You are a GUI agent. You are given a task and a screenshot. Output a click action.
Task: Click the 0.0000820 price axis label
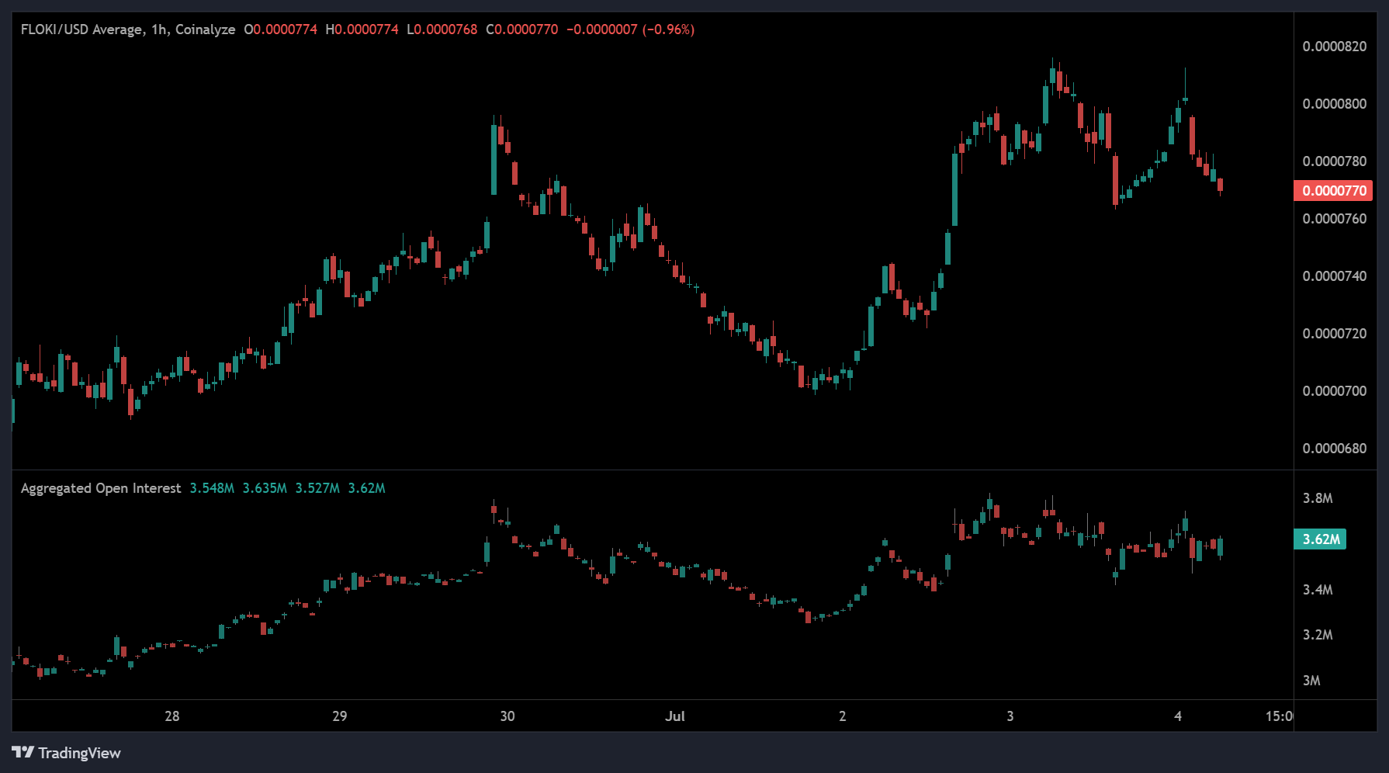[x=1335, y=47]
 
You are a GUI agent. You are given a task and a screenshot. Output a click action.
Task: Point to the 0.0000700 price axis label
[x=1335, y=391]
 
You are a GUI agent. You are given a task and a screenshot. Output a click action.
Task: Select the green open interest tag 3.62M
[x=1321, y=539]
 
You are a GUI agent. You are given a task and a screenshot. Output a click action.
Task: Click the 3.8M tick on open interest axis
[x=1318, y=498]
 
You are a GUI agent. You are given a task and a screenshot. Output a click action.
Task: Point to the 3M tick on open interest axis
[x=1311, y=681]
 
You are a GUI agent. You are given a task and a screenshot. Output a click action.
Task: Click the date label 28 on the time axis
[x=172, y=716]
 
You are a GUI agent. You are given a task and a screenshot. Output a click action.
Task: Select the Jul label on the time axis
[x=675, y=716]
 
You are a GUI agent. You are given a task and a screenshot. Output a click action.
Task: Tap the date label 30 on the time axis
[x=507, y=716]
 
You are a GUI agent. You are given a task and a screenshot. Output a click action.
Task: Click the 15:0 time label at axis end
[x=1279, y=716]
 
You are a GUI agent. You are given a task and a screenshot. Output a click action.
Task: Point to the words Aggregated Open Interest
[x=101, y=488]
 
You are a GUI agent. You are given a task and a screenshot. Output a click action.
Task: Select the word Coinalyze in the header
[x=205, y=29]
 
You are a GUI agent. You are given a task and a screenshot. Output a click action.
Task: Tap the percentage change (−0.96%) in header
[x=668, y=29]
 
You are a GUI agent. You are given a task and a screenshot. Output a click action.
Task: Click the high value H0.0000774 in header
[x=362, y=29]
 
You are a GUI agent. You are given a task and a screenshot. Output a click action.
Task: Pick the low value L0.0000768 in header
[x=442, y=29]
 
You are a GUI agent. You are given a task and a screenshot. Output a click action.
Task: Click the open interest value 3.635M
[x=265, y=488]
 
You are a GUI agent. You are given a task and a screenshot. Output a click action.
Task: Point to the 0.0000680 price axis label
[x=1335, y=449]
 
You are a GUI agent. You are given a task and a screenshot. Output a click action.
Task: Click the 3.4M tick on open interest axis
[x=1318, y=590]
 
